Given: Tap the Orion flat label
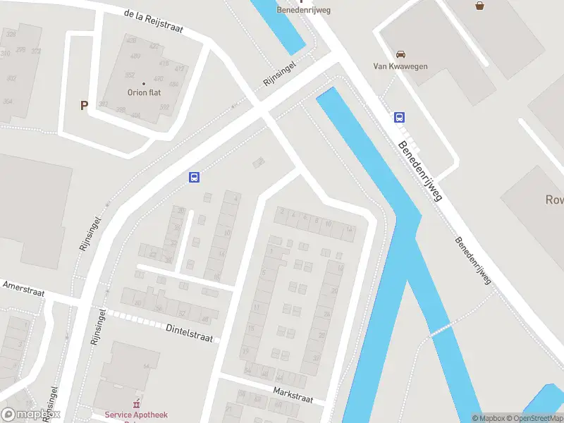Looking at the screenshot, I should pos(144,92).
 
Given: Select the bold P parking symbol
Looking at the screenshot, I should pos(84,106).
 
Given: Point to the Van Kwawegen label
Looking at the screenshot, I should pos(400,67).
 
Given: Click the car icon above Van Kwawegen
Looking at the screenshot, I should pos(400,54).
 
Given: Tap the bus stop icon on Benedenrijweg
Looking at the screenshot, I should pos(400,118).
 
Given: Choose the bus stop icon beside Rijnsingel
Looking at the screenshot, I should pos(194,178).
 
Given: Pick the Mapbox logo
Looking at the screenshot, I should pos(30,415).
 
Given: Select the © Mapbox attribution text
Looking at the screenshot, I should pos(489,418).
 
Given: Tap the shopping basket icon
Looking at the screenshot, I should pos(480,6).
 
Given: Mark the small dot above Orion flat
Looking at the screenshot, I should pos(144,84).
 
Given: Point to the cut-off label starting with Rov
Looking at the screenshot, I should pos(554,200).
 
